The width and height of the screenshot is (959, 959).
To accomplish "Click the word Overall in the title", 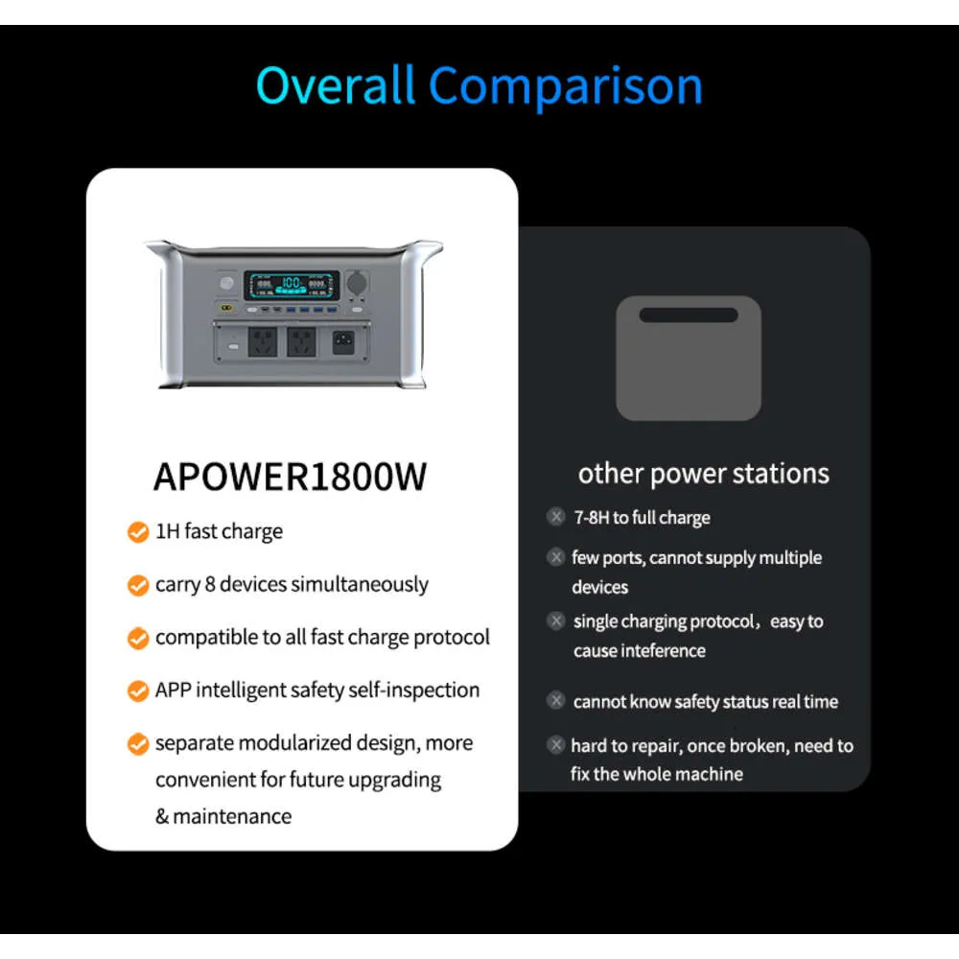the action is [x=336, y=85].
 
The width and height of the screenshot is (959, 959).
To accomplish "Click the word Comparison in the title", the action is [x=566, y=87].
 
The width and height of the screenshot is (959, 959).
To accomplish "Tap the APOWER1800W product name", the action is [x=290, y=477].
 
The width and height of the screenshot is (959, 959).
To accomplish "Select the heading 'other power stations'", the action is [x=703, y=474].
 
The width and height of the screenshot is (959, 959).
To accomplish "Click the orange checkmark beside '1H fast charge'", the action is [x=138, y=532].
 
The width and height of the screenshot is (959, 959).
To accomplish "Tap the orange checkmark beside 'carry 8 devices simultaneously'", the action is [x=138, y=585].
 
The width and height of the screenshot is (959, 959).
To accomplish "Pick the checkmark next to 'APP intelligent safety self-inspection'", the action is [x=138, y=691].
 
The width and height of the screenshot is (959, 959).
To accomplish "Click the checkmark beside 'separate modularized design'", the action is [x=138, y=744].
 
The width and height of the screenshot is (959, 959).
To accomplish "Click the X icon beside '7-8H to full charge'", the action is [x=556, y=517].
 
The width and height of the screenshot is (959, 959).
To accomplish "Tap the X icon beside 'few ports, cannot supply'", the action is [x=556, y=557].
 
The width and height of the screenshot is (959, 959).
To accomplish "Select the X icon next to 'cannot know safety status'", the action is [x=556, y=700].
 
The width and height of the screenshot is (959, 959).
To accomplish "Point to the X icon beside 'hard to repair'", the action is [x=556, y=745].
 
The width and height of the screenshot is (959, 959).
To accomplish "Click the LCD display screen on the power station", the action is [x=292, y=285].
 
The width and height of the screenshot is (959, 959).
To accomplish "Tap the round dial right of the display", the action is [x=357, y=283].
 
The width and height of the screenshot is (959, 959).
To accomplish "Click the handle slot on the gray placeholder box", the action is [x=689, y=315].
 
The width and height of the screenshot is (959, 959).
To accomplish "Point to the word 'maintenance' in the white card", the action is [x=232, y=816].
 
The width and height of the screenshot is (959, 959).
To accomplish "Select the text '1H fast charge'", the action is [x=219, y=532].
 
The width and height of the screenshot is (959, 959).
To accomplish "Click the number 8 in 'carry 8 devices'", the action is [x=210, y=585].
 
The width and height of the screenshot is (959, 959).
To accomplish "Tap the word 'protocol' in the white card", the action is [x=452, y=638].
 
